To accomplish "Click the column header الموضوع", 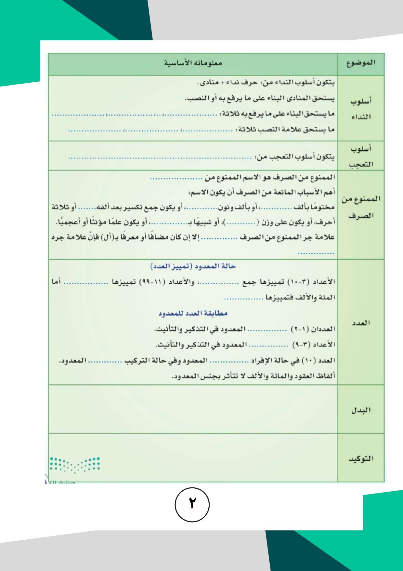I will click(361, 63).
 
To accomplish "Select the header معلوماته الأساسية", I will click(193, 63).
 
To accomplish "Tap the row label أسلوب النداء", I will click(361, 109).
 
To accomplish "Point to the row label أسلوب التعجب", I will click(361, 156).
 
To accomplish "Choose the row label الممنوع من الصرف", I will click(361, 207).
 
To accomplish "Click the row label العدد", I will click(361, 323).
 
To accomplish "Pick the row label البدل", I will click(361, 410).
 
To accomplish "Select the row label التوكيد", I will click(361, 458).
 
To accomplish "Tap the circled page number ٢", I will click(192, 504).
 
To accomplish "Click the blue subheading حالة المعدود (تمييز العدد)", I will click(193, 266).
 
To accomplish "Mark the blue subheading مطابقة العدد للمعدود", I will click(193, 313).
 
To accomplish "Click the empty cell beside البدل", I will click(193, 409).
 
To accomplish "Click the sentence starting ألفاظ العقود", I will click(253, 376).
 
